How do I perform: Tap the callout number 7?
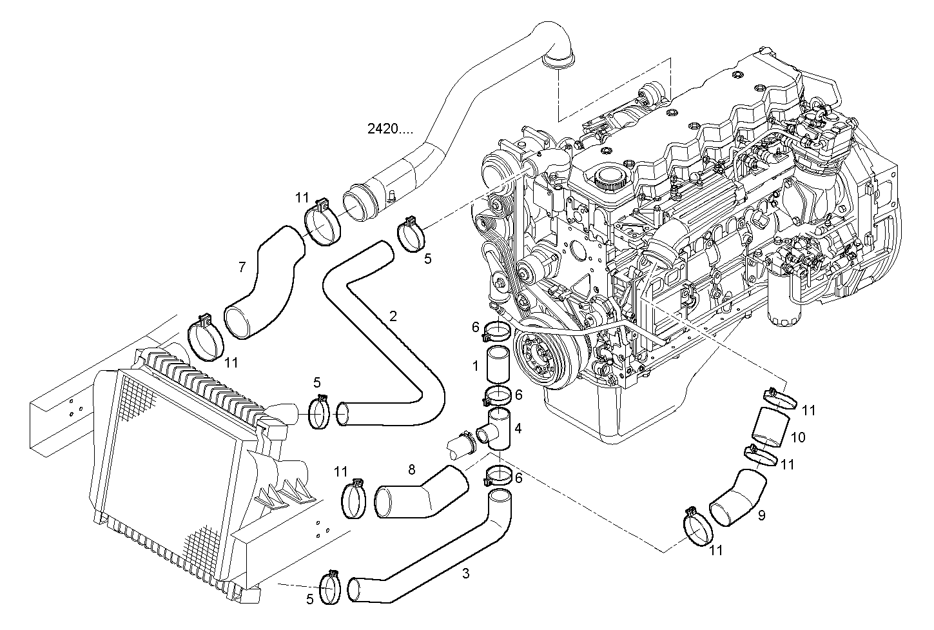pos(242,267)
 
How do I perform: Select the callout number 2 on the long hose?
pos(393,316)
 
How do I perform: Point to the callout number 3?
pos(466,573)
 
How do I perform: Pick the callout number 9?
pos(761,516)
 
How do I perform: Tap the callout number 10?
pos(797,437)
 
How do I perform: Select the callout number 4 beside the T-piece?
pos(518,428)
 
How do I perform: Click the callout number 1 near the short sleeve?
pos(475,366)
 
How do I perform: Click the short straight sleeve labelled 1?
pos(497,366)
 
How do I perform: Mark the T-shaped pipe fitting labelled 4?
pos(496,428)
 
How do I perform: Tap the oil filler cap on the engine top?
pos(610,176)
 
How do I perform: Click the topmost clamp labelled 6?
pos(497,331)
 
